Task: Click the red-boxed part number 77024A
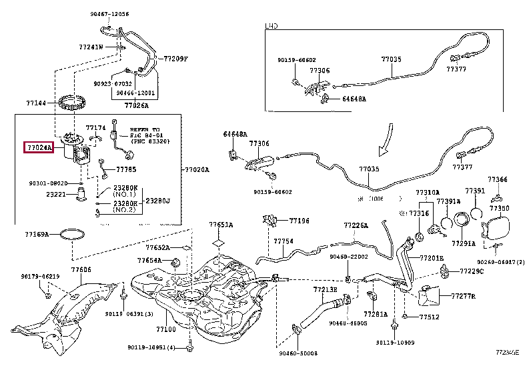(39, 147)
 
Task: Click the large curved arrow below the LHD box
(383, 141)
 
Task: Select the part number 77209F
(176, 59)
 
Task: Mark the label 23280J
(158, 200)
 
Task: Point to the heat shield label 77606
(81, 269)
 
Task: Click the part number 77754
(283, 241)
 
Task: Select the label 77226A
(356, 225)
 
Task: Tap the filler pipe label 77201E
(432, 258)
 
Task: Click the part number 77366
(497, 179)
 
